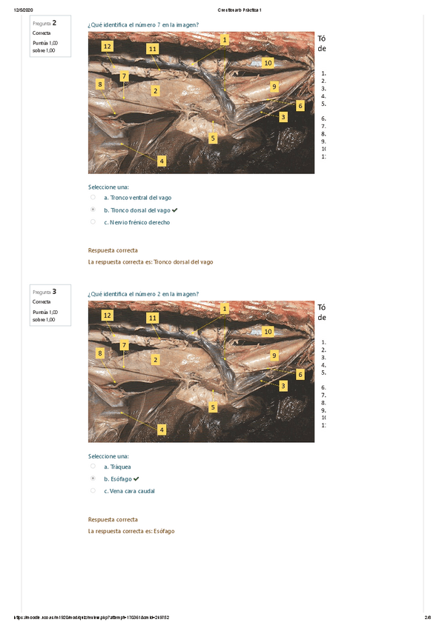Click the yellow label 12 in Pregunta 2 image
click(x=108, y=46)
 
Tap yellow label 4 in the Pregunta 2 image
click(x=161, y=161)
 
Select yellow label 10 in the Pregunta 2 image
click(x=268, y=63)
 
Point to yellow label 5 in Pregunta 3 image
click(x=213, y=407)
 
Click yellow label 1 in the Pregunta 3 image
click(x=224, y=307)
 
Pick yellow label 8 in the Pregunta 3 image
click(x=100, y=353)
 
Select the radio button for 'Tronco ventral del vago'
click(x=93, y=198)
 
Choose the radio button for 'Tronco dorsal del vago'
click(x=93, y=210)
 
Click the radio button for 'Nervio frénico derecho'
click(x=93, y=221)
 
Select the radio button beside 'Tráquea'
click(x=93, y=467)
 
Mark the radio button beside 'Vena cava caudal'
click(x=93, y=490)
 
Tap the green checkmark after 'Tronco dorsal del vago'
click(x=175, y=210)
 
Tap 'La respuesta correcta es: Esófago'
click(x=131, y=530)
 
